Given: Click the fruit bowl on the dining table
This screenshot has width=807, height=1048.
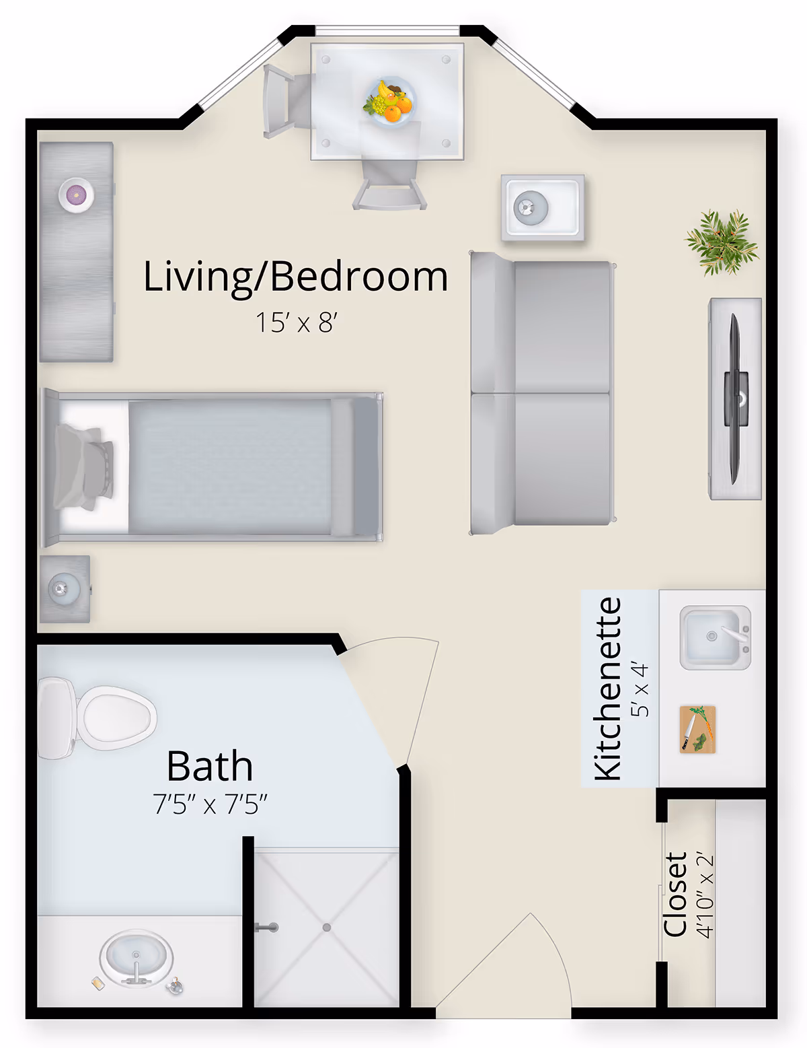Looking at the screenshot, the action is click(x=389, y=102).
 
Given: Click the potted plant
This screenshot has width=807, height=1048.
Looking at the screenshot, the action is click(x=722, y=242).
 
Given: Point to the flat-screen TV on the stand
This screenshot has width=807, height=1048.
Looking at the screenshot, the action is click(x=735, y=399).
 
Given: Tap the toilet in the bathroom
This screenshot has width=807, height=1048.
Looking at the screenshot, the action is click(x=97, y=718).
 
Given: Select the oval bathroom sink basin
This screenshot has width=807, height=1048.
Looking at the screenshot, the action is click(x=137, y=958).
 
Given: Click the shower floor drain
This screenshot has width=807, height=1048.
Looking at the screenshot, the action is click(x=327, y=927).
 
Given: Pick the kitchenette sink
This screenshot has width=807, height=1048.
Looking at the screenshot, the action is click(x=715, y=637).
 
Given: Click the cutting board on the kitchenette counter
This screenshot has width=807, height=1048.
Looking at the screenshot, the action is click(x=697, y=729).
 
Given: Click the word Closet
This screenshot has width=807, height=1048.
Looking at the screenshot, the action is click(x=675, y=895).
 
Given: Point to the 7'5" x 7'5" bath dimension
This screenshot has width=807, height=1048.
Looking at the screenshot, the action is click(x=210, y=804).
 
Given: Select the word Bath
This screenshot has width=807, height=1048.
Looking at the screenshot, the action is click(x=210, y=766).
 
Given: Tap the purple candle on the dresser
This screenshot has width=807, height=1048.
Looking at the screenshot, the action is click(x=76, y=195).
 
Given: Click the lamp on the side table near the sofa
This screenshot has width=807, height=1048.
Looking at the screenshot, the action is click(x=531, y=208).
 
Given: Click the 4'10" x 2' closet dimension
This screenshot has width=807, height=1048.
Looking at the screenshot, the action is click(x=704, y=895).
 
